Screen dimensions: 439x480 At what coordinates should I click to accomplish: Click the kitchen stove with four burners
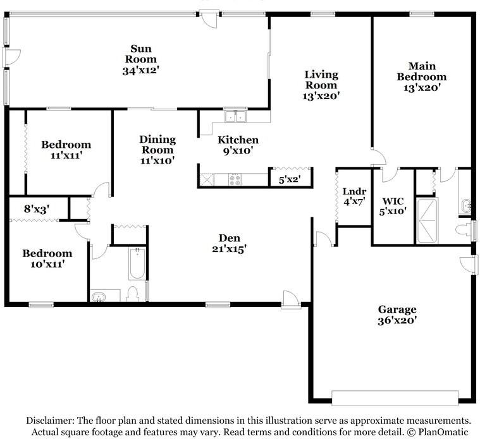point(235,179)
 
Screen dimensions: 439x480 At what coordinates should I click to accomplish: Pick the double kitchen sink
point(237,116)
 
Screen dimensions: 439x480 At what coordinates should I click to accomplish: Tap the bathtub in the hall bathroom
point(137,265)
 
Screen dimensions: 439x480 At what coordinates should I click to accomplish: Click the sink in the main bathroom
point(465,205)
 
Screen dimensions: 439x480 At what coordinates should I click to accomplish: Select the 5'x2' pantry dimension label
point(289,179)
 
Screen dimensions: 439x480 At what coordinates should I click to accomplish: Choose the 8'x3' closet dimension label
point(36,208)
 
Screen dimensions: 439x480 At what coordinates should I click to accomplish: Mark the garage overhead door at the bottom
point(395,398)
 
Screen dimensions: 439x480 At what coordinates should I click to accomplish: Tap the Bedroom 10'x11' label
point(47,258)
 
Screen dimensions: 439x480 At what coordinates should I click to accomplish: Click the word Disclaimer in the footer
point(50,420)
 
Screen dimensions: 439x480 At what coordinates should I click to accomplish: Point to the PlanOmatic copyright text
point(440,432)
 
